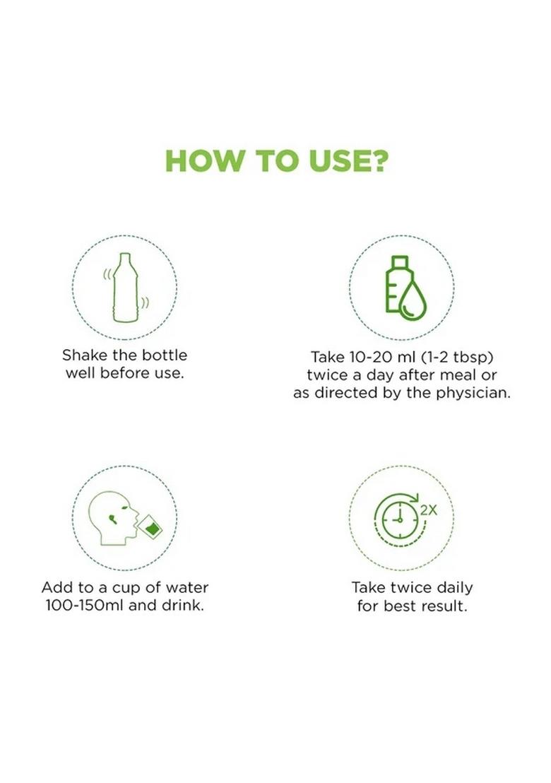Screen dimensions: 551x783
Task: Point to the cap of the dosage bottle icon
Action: (400, 261)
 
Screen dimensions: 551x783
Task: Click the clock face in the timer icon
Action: (400, 520)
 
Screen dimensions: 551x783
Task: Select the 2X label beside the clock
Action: (428, 510)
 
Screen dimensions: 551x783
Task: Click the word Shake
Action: (85, 355)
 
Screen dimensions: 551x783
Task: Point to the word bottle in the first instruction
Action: (164, 355)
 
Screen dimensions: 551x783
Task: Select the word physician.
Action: (473, 393)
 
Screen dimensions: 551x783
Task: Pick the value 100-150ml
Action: (85, 605)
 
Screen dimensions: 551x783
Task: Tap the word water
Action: (187, 588)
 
